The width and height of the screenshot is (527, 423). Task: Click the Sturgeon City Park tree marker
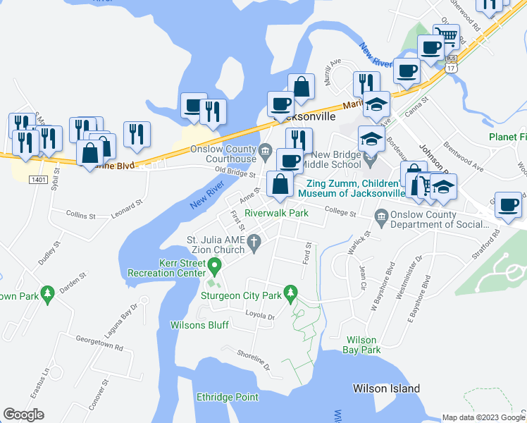[289, 291]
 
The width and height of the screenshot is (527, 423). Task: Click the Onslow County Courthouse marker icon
[265, 149]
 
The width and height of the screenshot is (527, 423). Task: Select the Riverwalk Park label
[276, 212]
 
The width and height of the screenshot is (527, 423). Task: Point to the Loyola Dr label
[259, 316]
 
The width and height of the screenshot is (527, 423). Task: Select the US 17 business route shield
[452, 64]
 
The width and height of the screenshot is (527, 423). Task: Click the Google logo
[24, 415]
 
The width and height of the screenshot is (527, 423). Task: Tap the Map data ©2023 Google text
[483, 417]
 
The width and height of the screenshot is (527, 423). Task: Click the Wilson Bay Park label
[361, 344]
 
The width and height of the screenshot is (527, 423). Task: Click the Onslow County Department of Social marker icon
[381, 215]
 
